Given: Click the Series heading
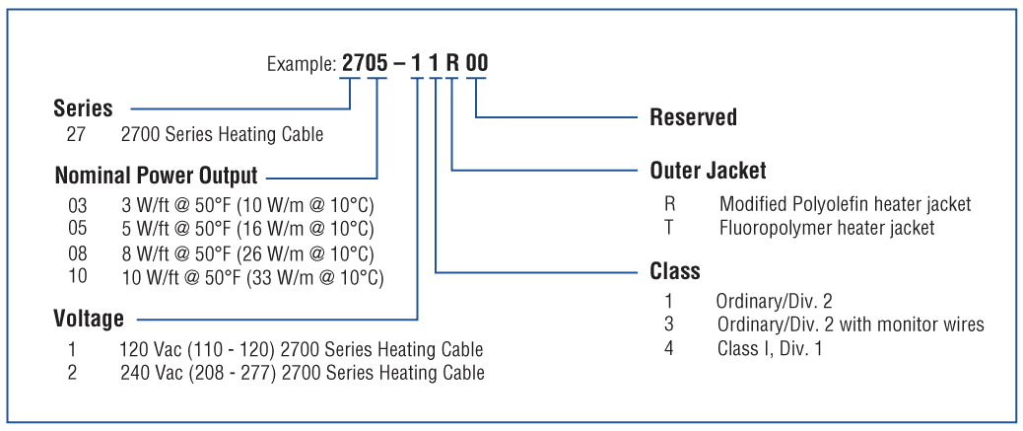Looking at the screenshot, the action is (83, 108).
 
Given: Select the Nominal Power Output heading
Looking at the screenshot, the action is (156, 176).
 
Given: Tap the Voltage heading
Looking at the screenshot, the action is (89, 319).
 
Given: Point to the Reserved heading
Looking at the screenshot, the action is (694, 117).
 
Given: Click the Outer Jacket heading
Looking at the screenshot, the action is (708, 171).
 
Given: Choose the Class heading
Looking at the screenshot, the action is (675, 271).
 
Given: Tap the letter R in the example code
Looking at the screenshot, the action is (452, 63).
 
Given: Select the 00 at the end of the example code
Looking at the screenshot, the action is (476, 63).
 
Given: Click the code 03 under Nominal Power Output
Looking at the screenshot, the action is (77, 206).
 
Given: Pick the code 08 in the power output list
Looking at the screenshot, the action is (77, 253).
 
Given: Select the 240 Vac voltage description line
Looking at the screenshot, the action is (303, 373).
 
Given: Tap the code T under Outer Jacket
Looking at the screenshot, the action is (669, 228).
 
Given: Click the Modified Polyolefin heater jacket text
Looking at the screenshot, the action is (846, 204).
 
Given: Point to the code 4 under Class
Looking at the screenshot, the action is (669, 348).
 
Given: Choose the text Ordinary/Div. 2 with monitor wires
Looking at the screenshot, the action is (851, 324).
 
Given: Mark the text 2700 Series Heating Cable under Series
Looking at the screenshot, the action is (223, 135).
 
